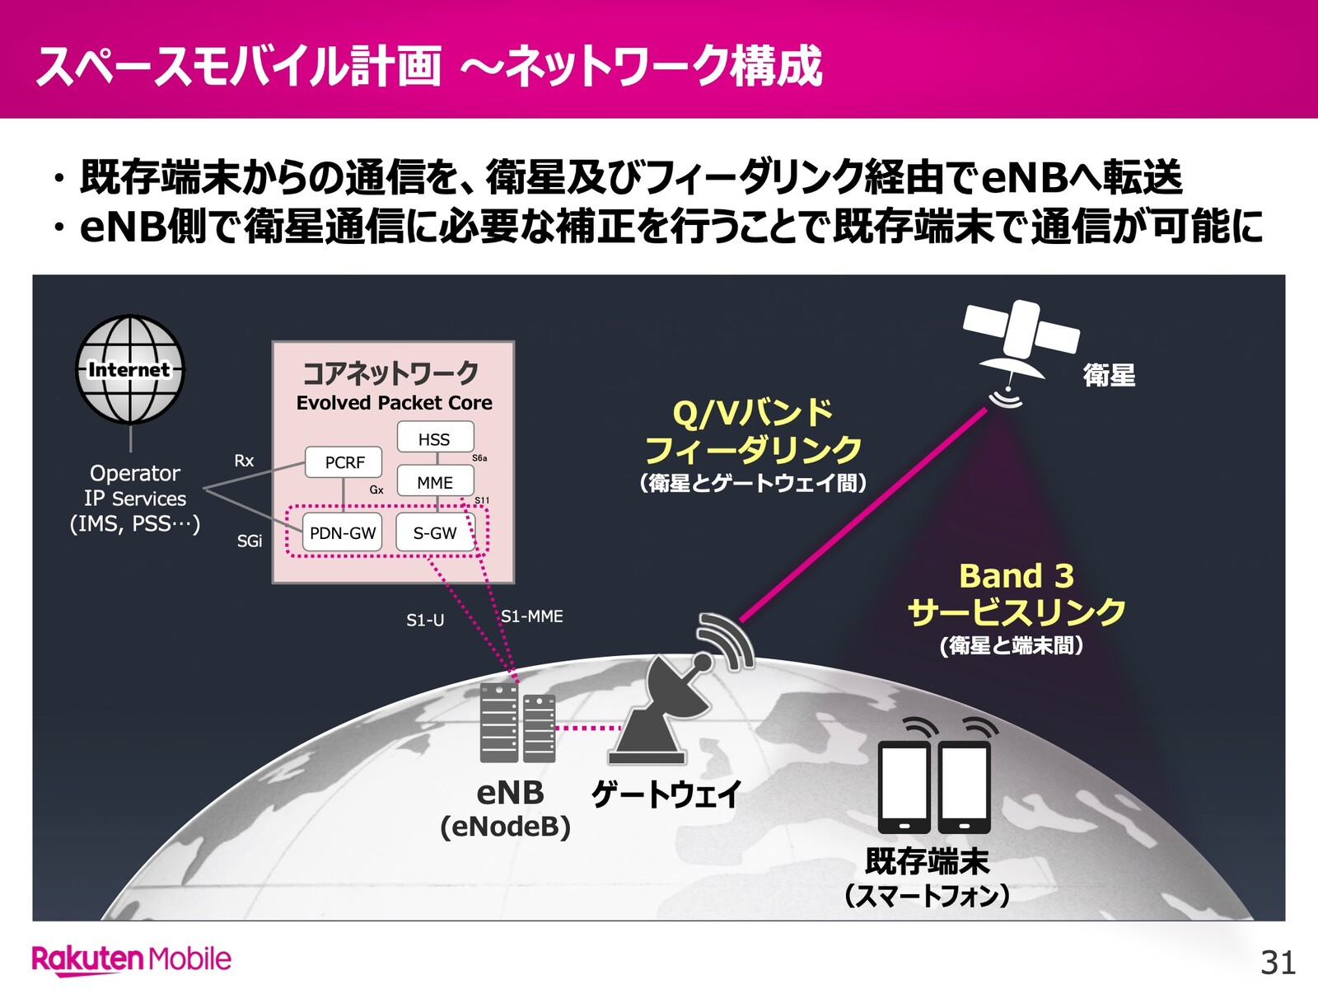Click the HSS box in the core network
[435, 437]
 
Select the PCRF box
[344, 462]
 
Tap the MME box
[435, 481]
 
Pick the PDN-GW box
[342, 532]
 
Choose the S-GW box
[435, 532]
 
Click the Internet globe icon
[130, 369]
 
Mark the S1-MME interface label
[532, 616]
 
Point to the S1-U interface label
[425, 621]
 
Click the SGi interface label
[250, 541]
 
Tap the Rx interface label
[244, 461]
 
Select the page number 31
[1278, 963]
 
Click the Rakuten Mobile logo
[132, 959]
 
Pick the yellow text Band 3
[1016, 576]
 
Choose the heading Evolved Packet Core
[394, 402]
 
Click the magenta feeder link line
[862, 514]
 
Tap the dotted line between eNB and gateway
[588, 728]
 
